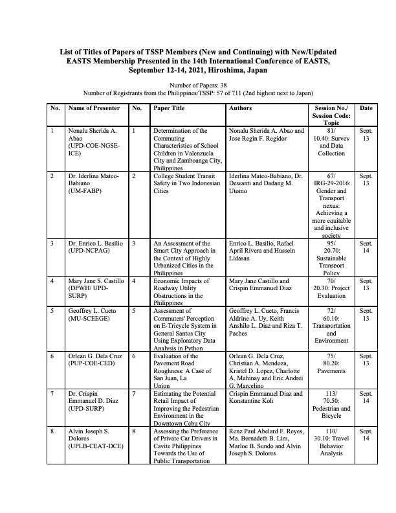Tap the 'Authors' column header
241,109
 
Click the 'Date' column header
366,109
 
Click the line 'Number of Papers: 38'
197,85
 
